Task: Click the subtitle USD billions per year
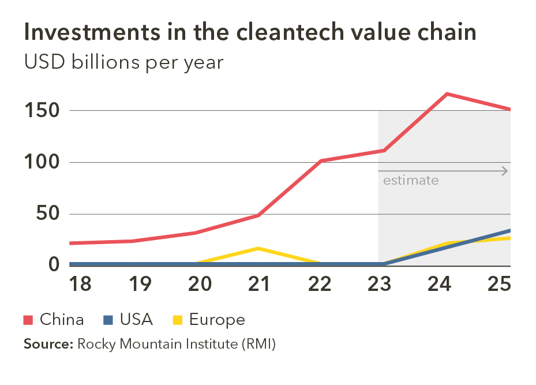(123, 62)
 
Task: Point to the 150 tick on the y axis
(43, 110)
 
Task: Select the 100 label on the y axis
(43, 162)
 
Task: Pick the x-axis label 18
(81, 284)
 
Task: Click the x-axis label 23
(379, 284)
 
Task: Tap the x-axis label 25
(499, 284)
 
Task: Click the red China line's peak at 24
(447, 94)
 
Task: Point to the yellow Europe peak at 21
(259, 248)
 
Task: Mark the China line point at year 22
(320, 160)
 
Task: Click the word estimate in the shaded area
(411, 181)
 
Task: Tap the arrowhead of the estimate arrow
(505, 171)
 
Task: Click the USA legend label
(136, 320)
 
